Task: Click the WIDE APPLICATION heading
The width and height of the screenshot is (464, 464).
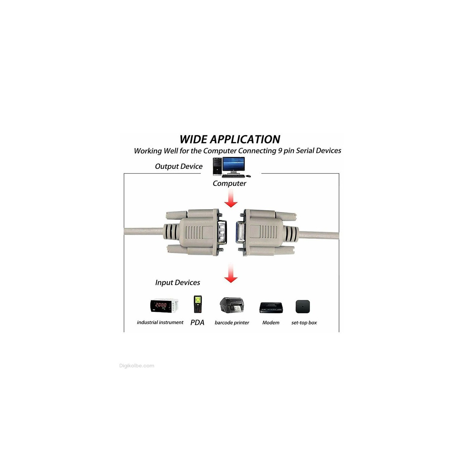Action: point(230,140)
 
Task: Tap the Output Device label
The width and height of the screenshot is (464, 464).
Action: point(179,166)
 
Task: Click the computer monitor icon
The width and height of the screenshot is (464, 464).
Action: point(234,165)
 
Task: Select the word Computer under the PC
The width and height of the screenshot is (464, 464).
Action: point(229,183)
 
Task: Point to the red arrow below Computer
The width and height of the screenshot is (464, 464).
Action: point(231,198)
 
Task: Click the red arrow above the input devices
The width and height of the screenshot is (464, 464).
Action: point(231,273)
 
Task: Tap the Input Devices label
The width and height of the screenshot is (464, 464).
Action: point(178,283)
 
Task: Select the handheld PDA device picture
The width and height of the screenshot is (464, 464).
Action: point(198,304)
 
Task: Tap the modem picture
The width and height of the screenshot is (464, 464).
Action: point(271,307)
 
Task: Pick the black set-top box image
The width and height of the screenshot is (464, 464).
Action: point(303,306)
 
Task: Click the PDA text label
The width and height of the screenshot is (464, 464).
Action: point(197,323)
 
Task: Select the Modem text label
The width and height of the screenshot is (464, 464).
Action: point(271,323)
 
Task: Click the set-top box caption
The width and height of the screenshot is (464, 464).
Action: point(304,323)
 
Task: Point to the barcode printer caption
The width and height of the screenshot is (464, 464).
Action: point(232,323)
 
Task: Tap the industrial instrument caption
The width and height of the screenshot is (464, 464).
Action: point(160,323)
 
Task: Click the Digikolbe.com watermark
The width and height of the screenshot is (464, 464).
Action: point(137,366)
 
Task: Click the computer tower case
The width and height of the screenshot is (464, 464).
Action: point(217,167)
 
